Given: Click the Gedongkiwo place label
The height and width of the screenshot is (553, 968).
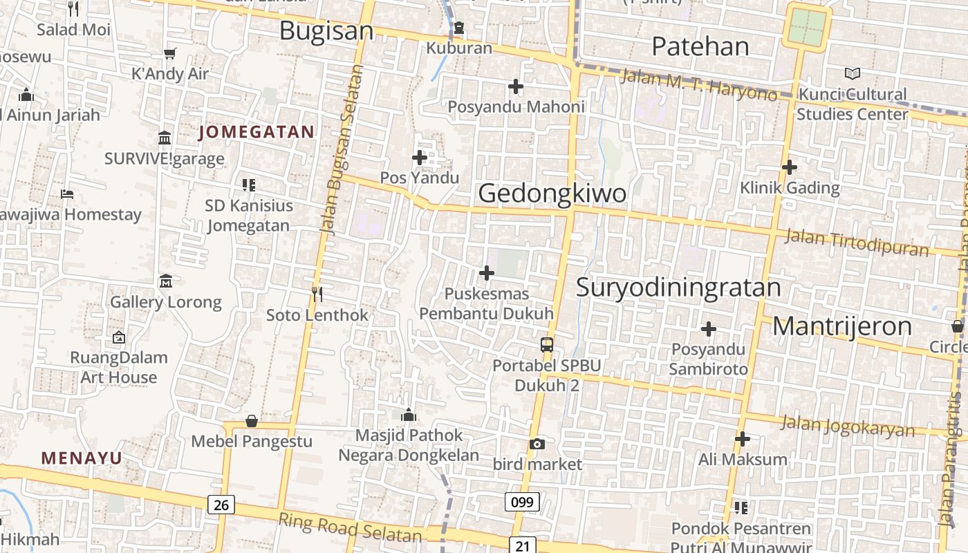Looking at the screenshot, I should click(552, 193).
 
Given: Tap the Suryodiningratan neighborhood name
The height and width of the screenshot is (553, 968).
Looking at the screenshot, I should click(678, 287).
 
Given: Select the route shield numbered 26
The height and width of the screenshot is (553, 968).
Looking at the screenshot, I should click(221, 505).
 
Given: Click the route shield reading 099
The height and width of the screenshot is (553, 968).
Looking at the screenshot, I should click(522, 501).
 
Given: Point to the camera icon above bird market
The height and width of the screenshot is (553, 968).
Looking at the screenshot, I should click(537, 444).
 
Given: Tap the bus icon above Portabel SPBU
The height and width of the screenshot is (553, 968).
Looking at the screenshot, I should click(547, 344).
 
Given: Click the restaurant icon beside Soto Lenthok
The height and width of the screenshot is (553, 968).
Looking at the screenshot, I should click(317, 294).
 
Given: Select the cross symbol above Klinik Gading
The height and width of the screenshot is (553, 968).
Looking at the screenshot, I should click(789, 167).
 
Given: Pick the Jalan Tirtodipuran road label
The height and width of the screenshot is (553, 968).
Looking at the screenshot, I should click(857, 243).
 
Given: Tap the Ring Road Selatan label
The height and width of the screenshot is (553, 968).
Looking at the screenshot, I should click(349, 527).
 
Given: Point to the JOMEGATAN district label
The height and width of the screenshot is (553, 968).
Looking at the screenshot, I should click(257, 132).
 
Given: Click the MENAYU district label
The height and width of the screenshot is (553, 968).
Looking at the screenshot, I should click(82, 458).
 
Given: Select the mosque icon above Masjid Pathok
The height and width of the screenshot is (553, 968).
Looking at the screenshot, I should click(409, 415).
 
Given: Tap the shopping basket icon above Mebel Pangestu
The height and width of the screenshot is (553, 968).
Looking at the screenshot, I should click(252, 421).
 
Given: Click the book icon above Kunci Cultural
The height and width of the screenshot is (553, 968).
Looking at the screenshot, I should click(853, 73).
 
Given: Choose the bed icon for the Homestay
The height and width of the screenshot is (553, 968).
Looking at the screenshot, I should click(67, 194).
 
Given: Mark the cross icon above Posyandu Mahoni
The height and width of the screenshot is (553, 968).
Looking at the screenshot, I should click(515, 86).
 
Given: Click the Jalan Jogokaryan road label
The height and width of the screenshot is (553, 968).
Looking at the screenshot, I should click(847, 426).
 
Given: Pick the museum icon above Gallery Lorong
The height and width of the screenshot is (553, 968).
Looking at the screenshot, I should click(166, 281).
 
